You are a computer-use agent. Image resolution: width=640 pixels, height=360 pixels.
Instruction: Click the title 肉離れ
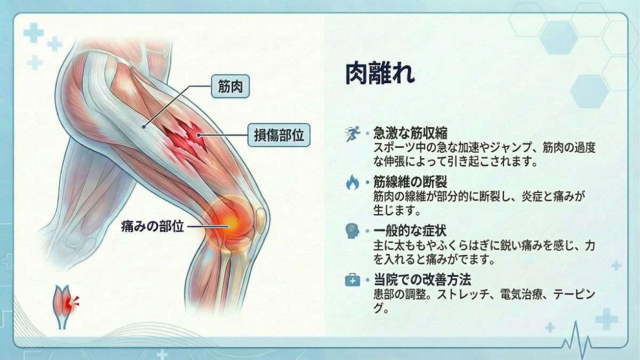coord(379,74)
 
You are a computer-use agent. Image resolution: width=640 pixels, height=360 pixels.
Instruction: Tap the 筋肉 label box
coord(230,86)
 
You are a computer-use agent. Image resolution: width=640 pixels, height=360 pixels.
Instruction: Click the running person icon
coord(352,134)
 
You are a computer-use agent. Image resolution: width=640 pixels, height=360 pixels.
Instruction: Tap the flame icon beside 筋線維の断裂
coord(352,183)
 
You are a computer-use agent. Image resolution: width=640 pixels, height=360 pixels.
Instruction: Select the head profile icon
coord(352,231)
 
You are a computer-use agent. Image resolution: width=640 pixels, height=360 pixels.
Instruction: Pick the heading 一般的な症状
coord(410,231)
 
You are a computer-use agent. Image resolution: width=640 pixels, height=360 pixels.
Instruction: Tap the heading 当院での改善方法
coord(421,279)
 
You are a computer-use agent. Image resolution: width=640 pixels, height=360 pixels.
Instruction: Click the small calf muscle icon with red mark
coord(65,304)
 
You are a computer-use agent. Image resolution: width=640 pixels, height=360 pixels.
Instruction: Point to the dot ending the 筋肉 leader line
coord(144,126)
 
